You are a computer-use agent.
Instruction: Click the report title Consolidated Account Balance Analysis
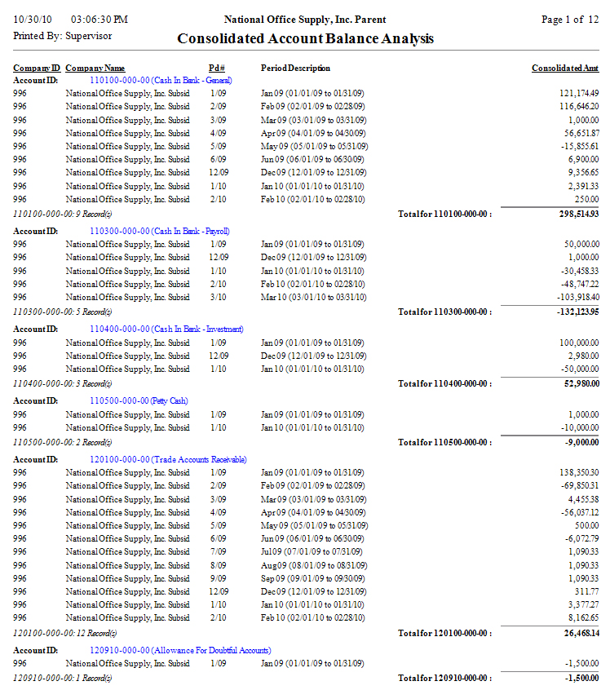(x=305, y=38)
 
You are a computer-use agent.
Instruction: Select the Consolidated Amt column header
(x=565, y=68)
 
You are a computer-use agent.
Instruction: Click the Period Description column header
(x=295, y=68)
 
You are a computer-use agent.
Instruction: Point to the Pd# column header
(x=217, y=68)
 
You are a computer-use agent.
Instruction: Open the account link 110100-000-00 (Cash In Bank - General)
(x=161, y=80)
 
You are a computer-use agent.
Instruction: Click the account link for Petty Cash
(x=139, y=401)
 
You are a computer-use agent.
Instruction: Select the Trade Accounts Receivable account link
(x=168, y=460)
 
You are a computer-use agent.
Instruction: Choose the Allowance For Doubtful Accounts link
(x=180, y=650)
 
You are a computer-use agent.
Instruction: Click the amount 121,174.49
(x=579, y=94)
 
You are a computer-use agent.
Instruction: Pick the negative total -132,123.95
(x=576, y=312)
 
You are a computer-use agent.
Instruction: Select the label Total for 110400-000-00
(x=444, y=383)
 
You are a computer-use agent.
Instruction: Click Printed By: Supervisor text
(x=63, y=36)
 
